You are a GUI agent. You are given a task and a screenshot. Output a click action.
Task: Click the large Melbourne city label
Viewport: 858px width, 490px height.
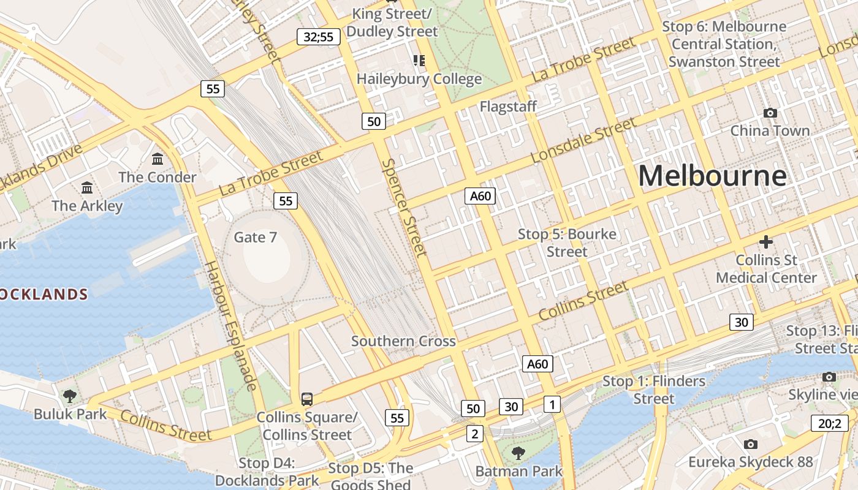(x=712, y=176)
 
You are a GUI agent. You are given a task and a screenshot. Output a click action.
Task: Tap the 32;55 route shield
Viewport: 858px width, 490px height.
(x=319, y=37)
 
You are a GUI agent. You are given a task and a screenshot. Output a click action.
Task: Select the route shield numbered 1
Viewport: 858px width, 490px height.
(x=552, y=404)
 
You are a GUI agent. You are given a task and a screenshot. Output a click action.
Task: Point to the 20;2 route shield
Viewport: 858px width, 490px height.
(x=830, y=423)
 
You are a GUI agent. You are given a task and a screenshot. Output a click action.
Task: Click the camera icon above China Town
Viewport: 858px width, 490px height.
(x=770, y=113)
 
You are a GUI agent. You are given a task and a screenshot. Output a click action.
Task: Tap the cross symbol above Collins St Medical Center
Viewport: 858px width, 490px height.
(x=766, y=242)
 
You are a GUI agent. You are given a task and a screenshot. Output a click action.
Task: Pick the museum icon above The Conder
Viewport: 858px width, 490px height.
(x=158, y=159)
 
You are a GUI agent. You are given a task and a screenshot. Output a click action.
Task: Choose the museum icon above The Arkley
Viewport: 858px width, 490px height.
(x=87, y=187)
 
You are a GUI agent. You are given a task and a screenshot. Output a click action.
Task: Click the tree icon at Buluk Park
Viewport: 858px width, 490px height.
(x=70, y=396)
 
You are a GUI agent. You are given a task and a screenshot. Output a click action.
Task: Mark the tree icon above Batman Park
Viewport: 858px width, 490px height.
(x=518, y=453)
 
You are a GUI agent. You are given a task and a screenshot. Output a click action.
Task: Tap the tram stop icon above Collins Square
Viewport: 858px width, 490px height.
(x=307, y=399)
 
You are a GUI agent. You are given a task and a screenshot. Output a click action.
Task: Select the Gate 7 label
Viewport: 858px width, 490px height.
(x=256, y=237)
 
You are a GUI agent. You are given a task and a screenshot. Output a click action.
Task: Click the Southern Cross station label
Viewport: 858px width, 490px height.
(x=403, y=341)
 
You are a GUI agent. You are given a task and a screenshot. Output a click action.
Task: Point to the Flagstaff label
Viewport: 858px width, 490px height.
(x=508, y=107)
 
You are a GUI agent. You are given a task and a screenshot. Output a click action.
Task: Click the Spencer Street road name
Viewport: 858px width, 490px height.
(x=404, y=208)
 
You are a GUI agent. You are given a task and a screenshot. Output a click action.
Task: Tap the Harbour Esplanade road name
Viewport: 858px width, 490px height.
(x=230, y=325)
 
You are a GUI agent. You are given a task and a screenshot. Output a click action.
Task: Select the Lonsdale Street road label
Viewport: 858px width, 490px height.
(x=584, y=141)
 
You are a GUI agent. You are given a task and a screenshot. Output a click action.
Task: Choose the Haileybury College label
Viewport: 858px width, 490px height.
(x=419, y=79)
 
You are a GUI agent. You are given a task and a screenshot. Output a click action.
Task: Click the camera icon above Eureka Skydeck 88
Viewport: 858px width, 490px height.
(x=750, y=444)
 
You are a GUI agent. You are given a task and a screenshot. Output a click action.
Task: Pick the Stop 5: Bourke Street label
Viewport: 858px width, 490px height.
(x=567, y=243)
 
